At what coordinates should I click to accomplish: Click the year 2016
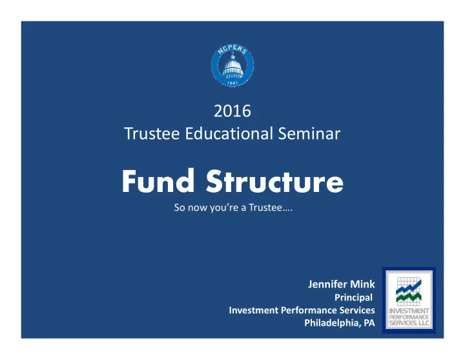[232, 111]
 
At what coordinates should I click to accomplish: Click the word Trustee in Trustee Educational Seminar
[152, 134]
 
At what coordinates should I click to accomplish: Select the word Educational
[229, 134]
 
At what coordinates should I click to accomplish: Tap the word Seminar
[309, 134]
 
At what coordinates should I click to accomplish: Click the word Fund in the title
[158, 181]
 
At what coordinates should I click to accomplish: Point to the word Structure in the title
[274, 181]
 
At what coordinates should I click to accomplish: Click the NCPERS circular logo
[232, 65]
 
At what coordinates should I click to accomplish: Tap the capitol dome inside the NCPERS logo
[232, 67]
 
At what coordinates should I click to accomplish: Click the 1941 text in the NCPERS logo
[232, 83]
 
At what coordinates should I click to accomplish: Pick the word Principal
[353, 297]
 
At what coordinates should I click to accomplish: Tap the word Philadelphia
[333, 323]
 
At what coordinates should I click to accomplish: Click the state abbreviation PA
[369, 323]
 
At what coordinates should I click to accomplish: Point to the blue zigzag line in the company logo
[409, 287]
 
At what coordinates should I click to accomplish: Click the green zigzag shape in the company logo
[409, 297]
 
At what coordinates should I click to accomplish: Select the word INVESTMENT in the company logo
[409, 311]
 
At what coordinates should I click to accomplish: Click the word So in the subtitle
[180, 207]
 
